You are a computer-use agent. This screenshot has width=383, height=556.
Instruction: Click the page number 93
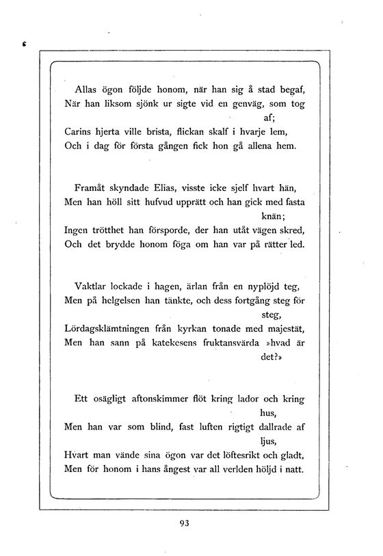pyautogui.click(x=183, y=524)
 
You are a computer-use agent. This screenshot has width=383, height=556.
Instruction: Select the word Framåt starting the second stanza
pyautogui.click(x=90, y=187)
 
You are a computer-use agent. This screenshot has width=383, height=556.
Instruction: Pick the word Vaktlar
pyautogui.click(x=88, y=287)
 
